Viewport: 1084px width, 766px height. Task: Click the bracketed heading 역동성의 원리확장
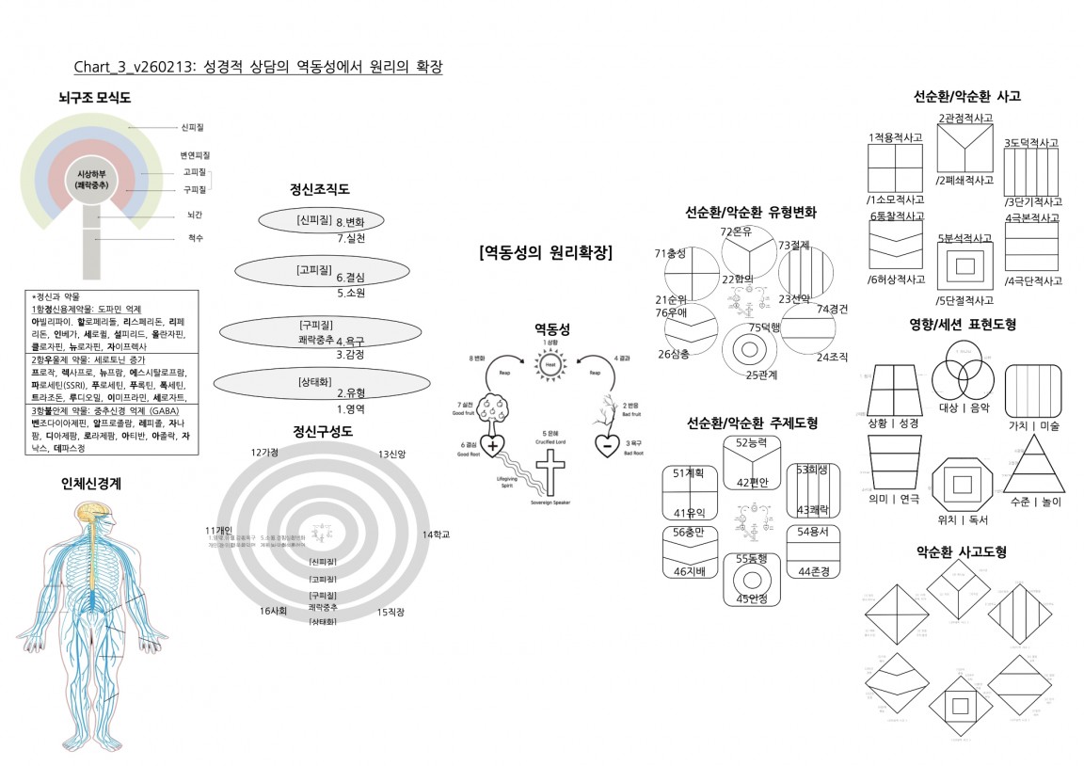[x=546, y=252]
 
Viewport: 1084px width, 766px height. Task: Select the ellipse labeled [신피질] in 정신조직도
[x=321, y=221]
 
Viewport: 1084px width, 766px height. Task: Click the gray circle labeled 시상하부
[x=91, y=180]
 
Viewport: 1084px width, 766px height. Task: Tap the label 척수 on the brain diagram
[x=196, y=238]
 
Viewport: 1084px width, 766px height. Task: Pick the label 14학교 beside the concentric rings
[x=436, y=535]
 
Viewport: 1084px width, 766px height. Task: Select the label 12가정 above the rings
[x=264, y=453]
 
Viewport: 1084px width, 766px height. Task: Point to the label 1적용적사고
[x=895, y=137]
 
